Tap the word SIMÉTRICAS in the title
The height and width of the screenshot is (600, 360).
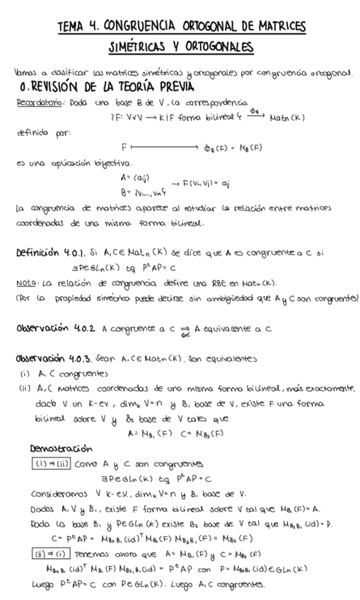click(x=141, y=47)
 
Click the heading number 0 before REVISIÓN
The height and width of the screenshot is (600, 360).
click(x=25, y=87)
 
